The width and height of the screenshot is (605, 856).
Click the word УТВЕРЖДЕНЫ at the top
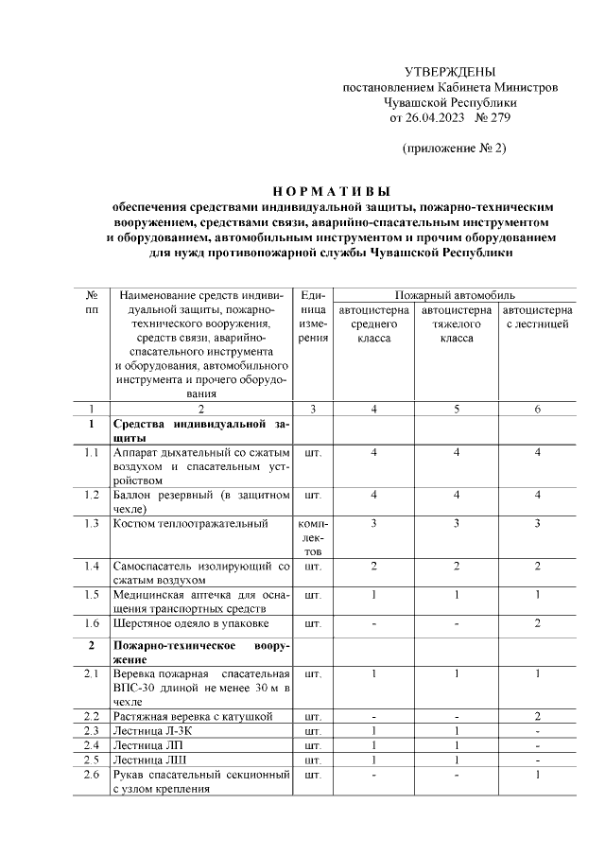pyautogui.click(x=449, y=73)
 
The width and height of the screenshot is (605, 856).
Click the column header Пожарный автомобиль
pyautogui.click(x=455, y=295)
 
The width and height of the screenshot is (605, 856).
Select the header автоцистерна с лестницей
pyautogui.click(x=536, y=317)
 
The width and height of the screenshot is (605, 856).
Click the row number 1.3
pyautogui.click(x=91, y=523)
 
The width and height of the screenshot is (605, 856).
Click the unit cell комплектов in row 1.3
pyautogui.click(x=312, y=537)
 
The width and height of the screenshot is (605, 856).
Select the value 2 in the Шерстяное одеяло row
pyautogui.click(x=536, y=623)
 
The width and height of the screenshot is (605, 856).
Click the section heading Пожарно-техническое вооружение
pyautogui.click(x=200, y=654)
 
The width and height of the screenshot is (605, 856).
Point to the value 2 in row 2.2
pyautogui.click(x=536, y=716)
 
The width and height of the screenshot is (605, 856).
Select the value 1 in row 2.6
pyautogui.click(x=536, y=775)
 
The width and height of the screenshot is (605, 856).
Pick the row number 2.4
pyautogui.click(x=91, y=745)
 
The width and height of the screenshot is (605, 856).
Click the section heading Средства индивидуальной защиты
pyautogui.click(x=200, y=431)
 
